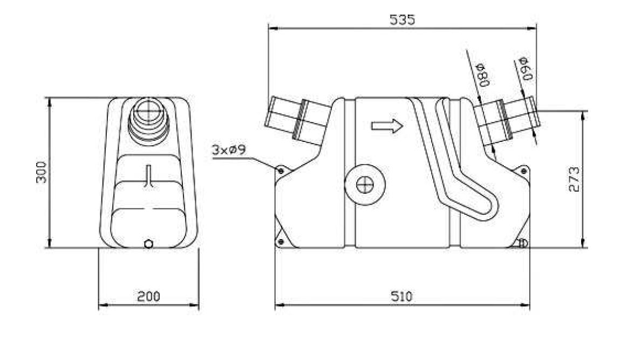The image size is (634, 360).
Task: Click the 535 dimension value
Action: click(x=403, y=19)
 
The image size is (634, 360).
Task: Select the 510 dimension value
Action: click(x=402, y=296)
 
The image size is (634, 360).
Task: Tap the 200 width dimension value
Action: click(x=148, y=296)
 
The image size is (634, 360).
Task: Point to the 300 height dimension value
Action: click(x=41, y=172)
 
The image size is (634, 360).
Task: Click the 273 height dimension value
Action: click(x=574, y=179)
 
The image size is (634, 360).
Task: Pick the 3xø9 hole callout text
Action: click(x=229, y=150)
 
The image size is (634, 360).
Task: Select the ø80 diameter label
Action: click(x=483, y=75)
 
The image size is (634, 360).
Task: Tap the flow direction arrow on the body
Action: click(x=387, y=126)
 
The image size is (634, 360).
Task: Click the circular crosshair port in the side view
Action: click(x=365, y=185)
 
